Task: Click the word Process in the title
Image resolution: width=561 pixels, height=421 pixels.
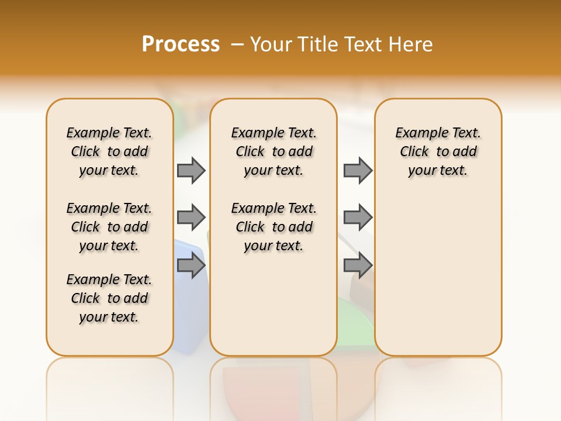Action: [181, 44]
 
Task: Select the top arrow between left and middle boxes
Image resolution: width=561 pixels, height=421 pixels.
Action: [191, 170]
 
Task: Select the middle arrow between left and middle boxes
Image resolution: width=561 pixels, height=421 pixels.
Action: [191, 218]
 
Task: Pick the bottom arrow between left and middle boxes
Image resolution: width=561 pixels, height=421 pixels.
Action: [191, 265]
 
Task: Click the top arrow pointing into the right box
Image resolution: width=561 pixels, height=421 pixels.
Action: [358, 170]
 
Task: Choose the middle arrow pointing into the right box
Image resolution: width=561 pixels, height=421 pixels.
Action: [358, 218]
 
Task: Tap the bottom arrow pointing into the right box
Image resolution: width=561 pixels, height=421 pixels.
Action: [358, 265]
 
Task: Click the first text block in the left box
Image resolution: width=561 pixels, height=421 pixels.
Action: [109, 151]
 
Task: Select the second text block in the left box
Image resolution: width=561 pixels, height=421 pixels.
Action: [109, 227]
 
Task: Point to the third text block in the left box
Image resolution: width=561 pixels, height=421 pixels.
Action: [109, 298]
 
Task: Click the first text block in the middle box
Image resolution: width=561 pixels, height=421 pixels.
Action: [273, 151]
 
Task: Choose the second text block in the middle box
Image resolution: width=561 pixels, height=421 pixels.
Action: [273, 227]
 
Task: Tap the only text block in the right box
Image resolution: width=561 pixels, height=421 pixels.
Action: [438, 151]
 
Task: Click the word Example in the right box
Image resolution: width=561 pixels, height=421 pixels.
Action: [418, 133]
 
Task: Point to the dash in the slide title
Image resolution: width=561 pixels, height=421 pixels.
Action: [237, 44]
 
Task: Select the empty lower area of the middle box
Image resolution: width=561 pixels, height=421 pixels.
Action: [273, 304]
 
